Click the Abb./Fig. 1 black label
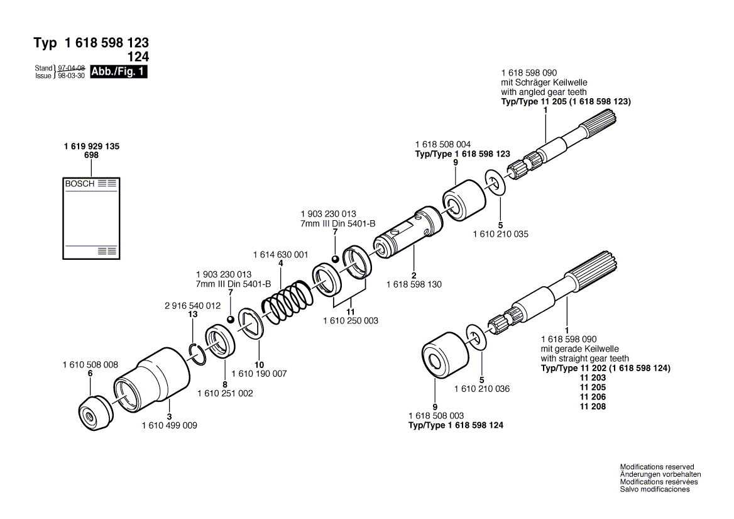pos(119,72)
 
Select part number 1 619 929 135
pos(92,146)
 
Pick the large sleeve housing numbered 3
pos(153,382)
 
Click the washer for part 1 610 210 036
pos(476,337)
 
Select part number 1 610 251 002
pos(224,393)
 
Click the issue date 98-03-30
pos(71,75)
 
